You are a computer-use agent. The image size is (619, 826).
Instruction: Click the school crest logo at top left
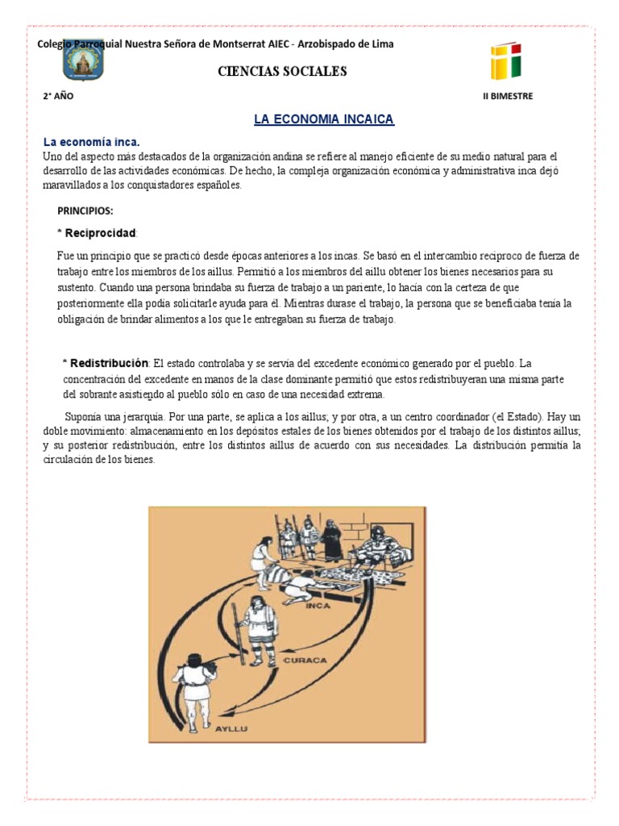pyautogui.click(x=83, y=62)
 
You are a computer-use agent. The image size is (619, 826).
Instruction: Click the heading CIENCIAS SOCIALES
pyautogui.click(x=282, y=72)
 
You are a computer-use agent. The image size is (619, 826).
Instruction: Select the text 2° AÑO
pyautogui.click(x=58, y=96)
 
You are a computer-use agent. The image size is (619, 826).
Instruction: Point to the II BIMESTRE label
pyautogui.click(x=507, y=96)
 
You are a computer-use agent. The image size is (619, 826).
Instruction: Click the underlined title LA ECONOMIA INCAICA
pyautogui.click(x=324, y=119)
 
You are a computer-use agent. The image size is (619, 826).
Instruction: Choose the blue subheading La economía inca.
pyautogui.click(x=97, y=142)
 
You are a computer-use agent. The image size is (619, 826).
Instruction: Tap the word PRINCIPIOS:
pyautogui.click(x=85, y=211)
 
